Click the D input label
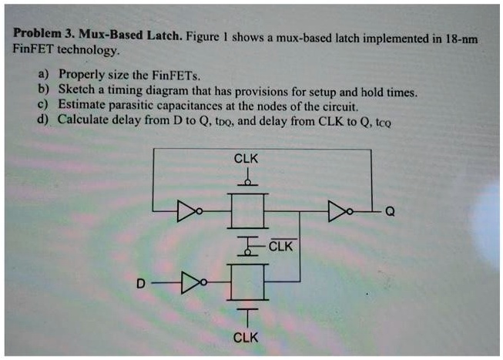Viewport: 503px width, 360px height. [140, 284]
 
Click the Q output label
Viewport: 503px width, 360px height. [389, 214]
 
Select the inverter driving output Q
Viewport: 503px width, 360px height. [337, 209]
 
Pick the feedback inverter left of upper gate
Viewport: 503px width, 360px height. [187, 209]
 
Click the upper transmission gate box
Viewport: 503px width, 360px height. [247, 209]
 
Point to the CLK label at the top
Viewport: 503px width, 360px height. [246, 159]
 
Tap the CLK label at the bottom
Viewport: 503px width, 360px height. [246, 338]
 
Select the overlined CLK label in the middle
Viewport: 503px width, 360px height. [282, 247]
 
